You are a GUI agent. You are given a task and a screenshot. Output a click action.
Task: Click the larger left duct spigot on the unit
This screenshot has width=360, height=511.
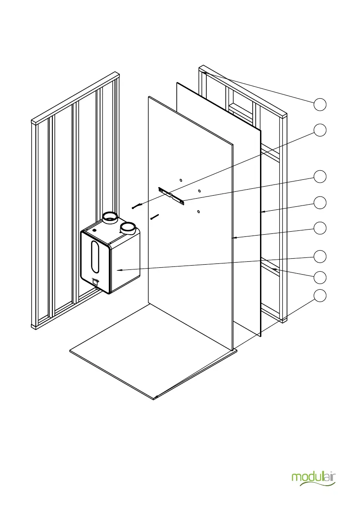click(x=110, y=218)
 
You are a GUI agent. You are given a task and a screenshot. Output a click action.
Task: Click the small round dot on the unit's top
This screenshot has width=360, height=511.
click(x=94, y=230)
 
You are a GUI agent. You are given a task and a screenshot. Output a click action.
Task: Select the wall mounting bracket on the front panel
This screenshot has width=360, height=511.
click(x=172, y=196)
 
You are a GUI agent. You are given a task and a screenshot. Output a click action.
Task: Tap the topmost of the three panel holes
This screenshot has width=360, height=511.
click(x=181, y=180)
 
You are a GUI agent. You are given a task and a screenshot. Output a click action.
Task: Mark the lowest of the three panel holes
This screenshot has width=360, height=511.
click(x=198, y=211)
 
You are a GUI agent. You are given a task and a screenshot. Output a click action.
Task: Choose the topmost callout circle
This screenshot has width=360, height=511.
click(x=319, y=104)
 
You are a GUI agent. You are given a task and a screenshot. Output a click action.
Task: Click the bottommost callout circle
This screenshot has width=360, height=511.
click(x=319, y=296)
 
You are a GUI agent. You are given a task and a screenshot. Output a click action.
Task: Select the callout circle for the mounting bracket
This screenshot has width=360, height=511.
click(x=319, y=176)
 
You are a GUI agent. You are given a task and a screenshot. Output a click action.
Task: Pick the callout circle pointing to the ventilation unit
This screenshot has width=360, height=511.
click(x=319, y=257)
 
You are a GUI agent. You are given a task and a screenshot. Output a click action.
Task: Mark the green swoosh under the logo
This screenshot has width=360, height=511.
click(x=318, y=484)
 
